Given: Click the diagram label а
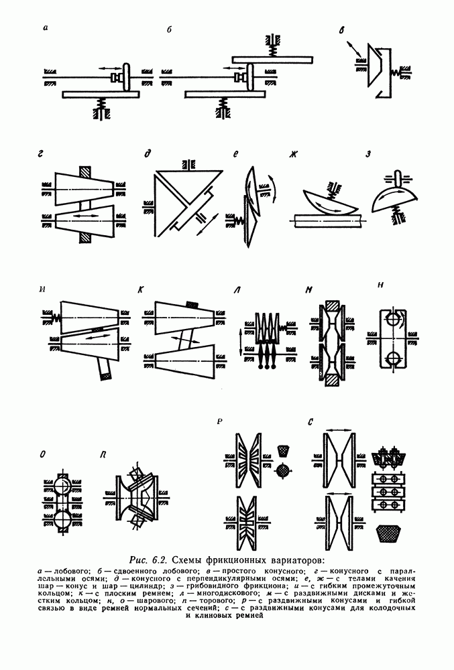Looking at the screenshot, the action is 46,29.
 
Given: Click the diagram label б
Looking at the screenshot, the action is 169,29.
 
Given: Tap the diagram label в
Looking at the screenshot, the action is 341,31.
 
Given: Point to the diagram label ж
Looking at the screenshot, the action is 293,154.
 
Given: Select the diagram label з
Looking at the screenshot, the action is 367,155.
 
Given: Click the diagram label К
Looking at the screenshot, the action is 140,289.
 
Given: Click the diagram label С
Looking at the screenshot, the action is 310,422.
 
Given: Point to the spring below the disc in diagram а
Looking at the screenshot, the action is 101,103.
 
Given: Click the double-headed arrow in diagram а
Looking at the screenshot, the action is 109,68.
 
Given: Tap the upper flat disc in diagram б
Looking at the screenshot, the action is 272,60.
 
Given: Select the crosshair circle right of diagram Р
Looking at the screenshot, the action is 282,470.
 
